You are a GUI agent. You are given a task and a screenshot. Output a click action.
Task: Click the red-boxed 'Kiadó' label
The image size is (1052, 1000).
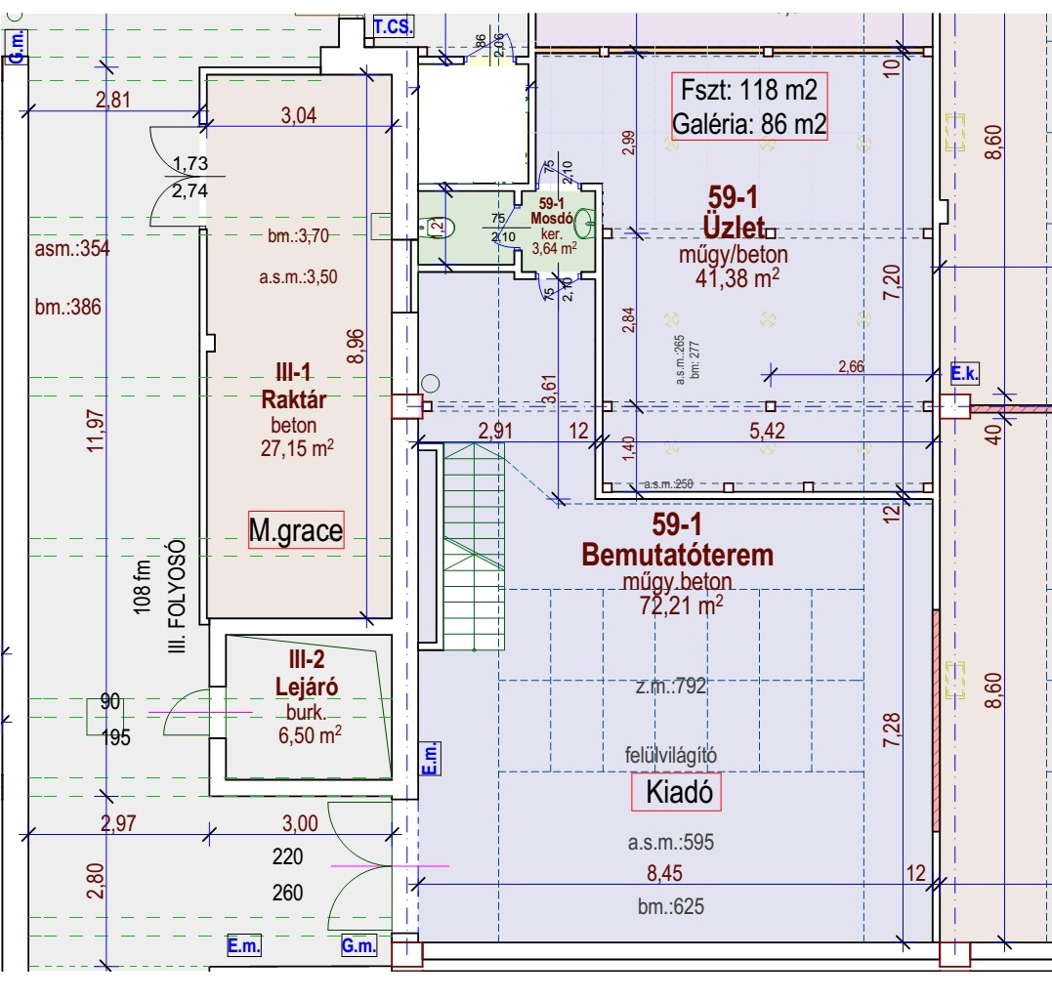[x=676, y=792]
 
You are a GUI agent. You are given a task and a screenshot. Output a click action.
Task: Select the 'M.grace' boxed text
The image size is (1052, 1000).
[x=296, y=530]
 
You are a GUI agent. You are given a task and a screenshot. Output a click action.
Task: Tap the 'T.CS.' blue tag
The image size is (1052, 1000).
[x=393, y=27]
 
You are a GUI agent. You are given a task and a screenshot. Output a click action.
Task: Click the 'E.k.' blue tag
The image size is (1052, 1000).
[x=964, y=373]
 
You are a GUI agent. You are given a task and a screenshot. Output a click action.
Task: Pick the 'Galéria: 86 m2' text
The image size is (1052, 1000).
[x=749, y=124]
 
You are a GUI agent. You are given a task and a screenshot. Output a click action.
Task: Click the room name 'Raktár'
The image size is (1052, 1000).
[x=293, y=400]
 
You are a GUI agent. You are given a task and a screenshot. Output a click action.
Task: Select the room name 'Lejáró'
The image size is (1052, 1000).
[x=307, y=686]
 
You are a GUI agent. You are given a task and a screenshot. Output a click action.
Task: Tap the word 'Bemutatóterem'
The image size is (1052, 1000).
[x=677, y=555]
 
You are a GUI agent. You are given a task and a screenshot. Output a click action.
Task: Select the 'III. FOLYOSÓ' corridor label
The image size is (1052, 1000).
[x=177, y=595]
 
